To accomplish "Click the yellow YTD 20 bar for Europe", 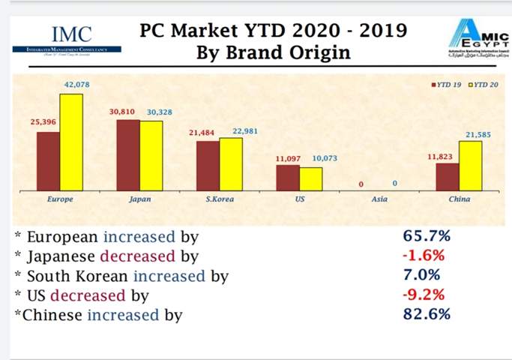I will (x=72, y=142).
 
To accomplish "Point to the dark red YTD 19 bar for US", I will (x=287, y=177).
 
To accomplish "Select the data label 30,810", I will (x=122, y=112).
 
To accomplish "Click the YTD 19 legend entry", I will (x=448, y=85).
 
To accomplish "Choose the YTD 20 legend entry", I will (x=484, y=85).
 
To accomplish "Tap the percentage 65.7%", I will (x=426, y=237).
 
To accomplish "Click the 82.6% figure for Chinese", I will (x=426, y=314).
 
